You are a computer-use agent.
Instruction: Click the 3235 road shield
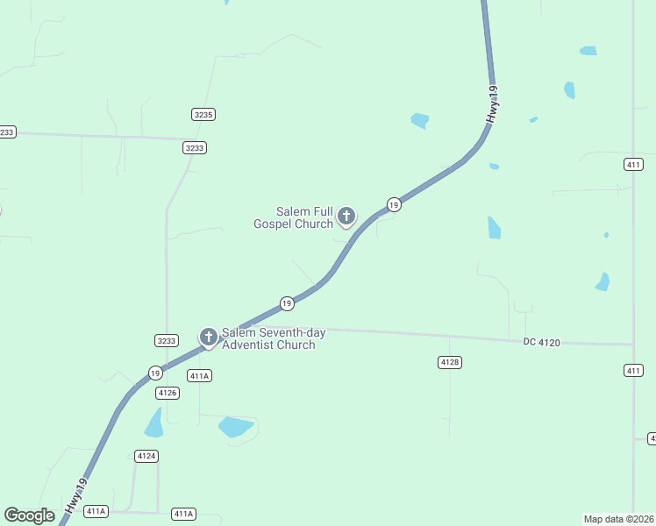coord(203,114)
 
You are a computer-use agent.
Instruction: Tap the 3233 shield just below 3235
coord(195,147)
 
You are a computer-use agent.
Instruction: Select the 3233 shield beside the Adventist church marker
coord(166,340)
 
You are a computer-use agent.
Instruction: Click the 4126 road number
coord(168,393)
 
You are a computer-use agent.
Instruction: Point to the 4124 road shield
coord(146,456)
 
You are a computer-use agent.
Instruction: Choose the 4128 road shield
coord(450,361)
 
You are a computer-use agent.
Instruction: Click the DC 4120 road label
coord(541,342)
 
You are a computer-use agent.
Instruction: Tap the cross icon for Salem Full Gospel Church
coord(346,216)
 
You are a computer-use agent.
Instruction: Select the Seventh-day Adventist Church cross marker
coord(208,337)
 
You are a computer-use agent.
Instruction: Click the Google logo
coord(29,515)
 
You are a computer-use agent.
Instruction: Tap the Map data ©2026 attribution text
coord(618,519)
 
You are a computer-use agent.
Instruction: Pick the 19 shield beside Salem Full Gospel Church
coord(394,204)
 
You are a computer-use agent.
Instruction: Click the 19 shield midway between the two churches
coord(287,303)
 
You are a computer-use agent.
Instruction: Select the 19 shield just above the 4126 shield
coord(154,372)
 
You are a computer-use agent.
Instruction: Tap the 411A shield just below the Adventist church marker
coord(200,375)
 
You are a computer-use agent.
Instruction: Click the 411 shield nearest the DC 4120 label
coord(633,371)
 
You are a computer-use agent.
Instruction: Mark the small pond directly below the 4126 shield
coord(154,424)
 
